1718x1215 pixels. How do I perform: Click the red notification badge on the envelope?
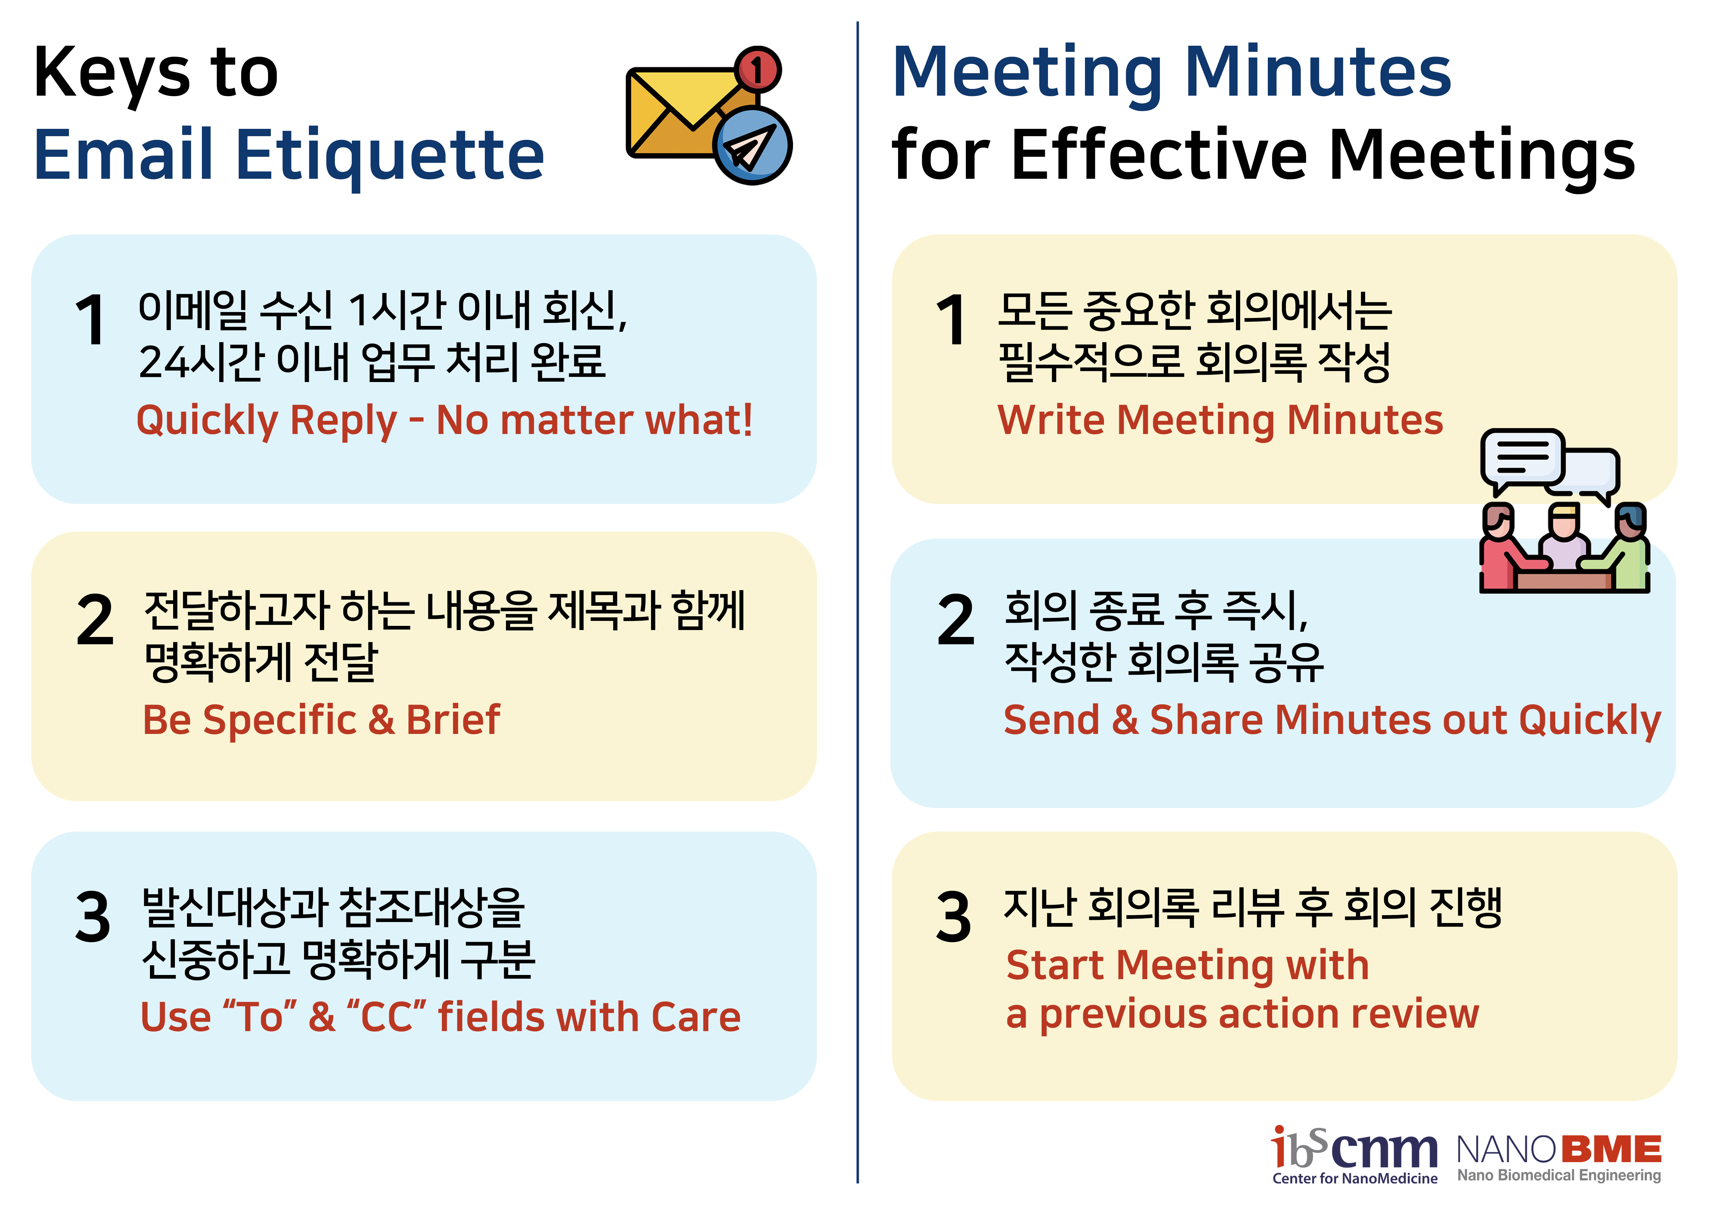(757, 70)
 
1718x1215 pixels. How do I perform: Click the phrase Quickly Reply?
(266, 420)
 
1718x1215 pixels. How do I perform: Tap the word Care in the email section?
(696, 1018)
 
